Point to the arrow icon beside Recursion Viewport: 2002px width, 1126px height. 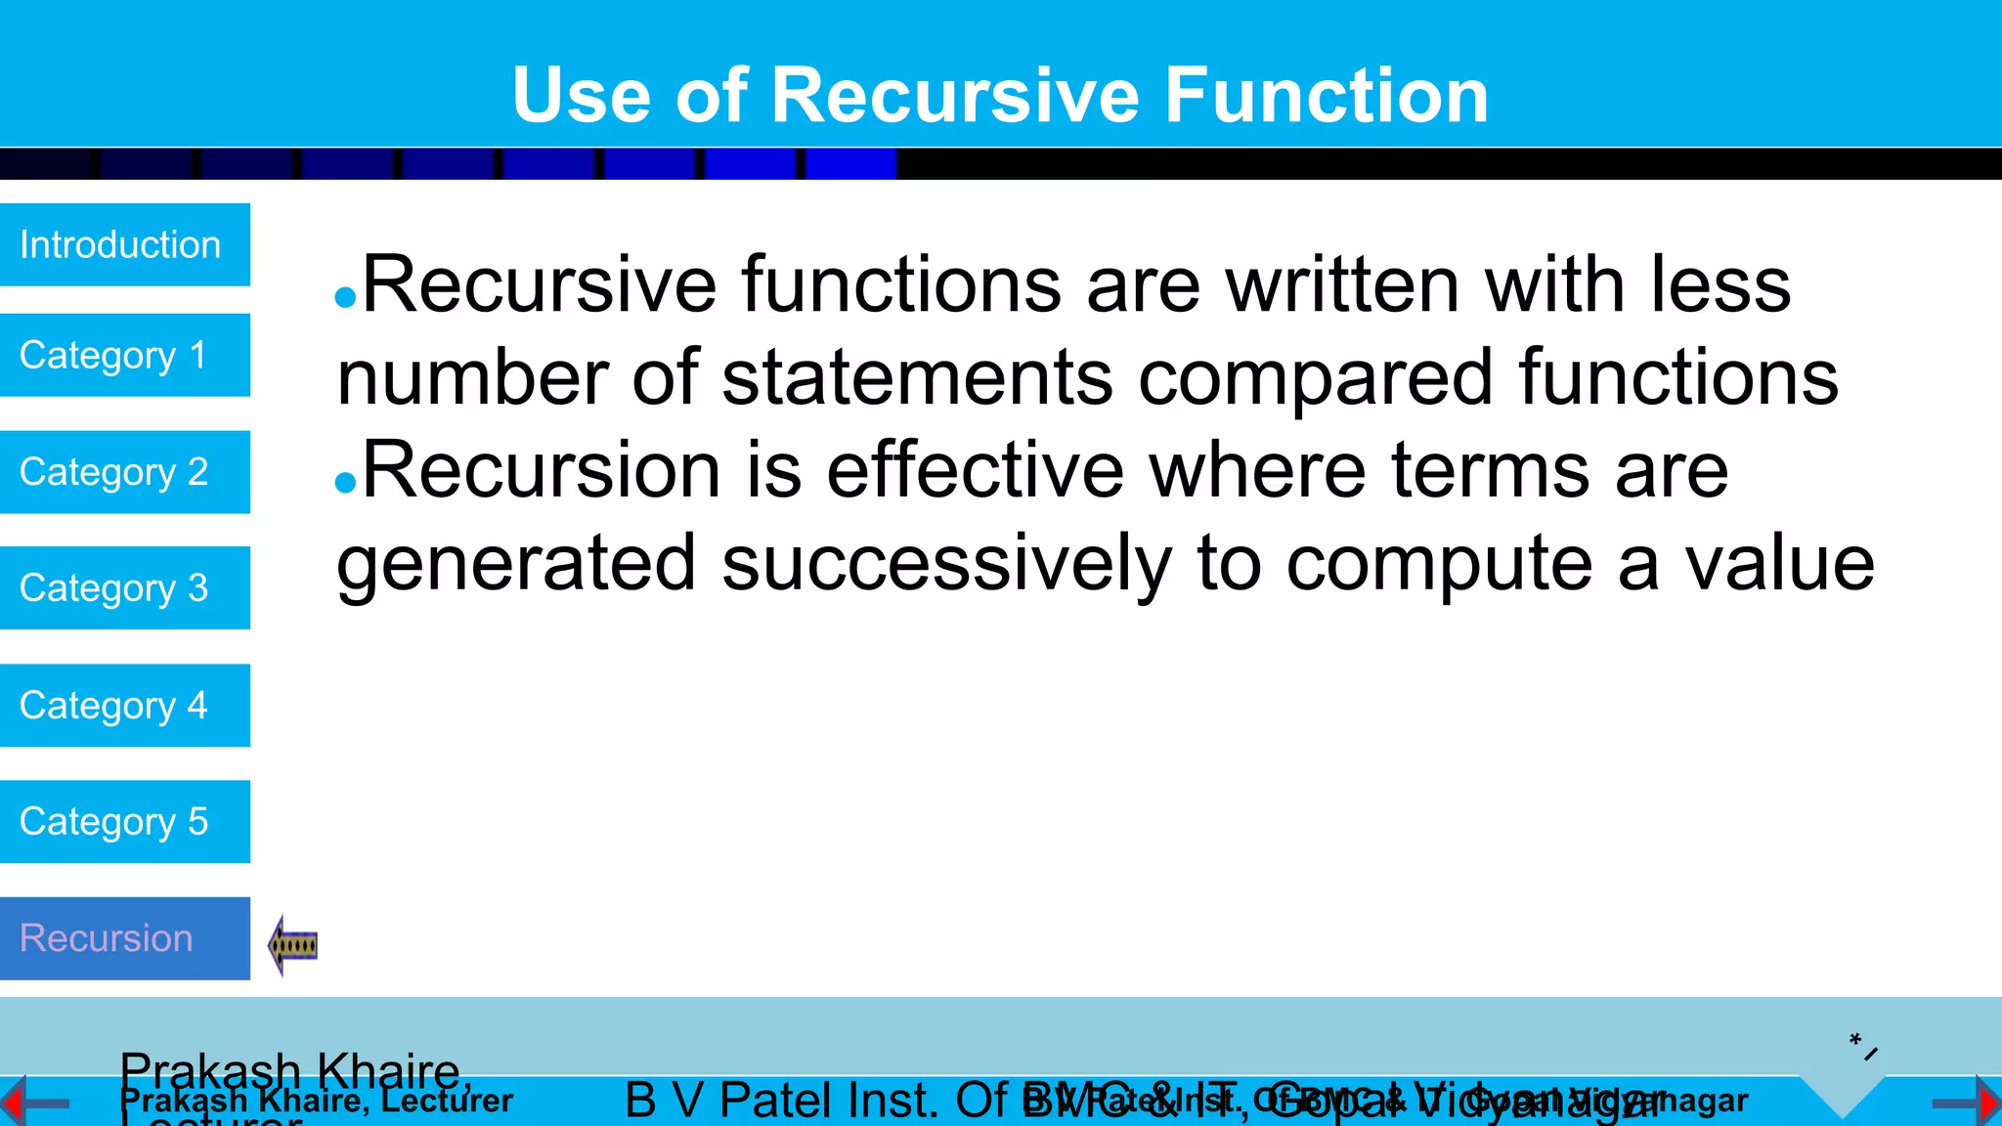(292, 945)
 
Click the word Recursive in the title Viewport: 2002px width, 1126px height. (955, 95)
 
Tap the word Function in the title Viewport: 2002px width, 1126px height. (1326, 95)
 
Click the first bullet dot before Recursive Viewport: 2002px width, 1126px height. (345, 297)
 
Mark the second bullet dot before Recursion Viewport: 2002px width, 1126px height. (345, 482)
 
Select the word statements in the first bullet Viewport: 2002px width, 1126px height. (917, 377)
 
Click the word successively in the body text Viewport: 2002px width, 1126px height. (946, 565)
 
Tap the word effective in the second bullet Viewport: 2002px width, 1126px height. (976, 471)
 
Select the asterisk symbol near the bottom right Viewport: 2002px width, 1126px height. (1854, 1039)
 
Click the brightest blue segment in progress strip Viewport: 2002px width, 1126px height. (850, 164)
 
